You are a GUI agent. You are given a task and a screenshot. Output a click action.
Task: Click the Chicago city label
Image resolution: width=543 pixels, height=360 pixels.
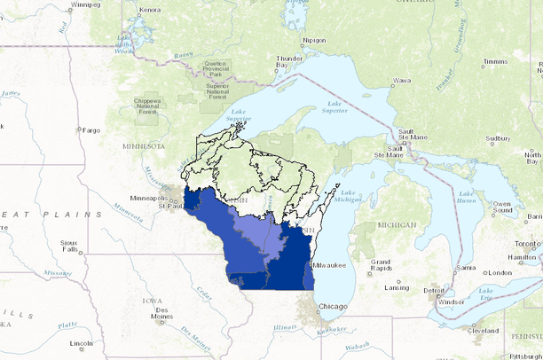[334, 306]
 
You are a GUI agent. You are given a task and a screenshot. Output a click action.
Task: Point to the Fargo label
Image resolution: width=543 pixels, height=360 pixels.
[90, 129]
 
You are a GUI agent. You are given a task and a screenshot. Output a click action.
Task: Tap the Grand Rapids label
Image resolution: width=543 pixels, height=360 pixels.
[382, 264]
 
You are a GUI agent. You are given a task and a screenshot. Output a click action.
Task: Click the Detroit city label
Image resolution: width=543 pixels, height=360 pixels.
[434, 290]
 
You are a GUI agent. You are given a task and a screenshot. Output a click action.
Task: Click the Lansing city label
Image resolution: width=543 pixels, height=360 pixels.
[397, 287]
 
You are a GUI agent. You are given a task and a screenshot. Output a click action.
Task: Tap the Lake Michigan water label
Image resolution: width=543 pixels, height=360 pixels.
[349, 198]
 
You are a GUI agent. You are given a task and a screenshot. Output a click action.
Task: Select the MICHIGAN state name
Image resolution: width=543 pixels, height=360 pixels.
[395, 225]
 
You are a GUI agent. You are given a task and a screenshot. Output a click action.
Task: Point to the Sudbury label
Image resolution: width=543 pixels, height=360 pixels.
[498, 138]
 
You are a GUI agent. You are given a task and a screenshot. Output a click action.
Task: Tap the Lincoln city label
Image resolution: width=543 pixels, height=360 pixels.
[81, 343]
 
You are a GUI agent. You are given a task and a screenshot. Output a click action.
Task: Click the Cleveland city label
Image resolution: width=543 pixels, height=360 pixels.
[484, 330]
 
